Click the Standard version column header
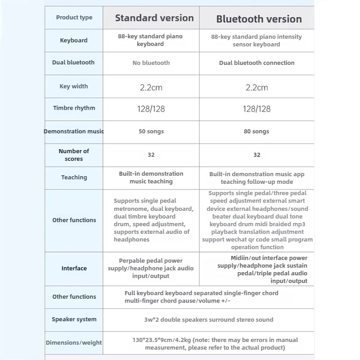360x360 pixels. (x=154, y=18)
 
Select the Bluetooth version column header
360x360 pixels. (x=259, y=19)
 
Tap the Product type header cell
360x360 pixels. (x=74, y=18)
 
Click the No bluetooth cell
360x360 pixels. (x=151, y=63)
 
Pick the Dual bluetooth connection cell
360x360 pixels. (x=257, y=63)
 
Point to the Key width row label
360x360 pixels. (x=74, y=86)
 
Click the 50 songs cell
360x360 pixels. (x=151, y=131)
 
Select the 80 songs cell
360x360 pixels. (x=257, y=131)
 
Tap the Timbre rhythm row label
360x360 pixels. (x=74, y=108)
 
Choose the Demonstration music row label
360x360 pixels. (x=74, y=131)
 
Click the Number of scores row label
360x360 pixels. (x=74, y=155)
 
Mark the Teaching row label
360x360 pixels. (x=74, y=177)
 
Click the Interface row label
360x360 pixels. (x=74, y=268)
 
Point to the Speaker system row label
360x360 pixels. (x=74, y=319)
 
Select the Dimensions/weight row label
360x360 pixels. (x=74, y=342)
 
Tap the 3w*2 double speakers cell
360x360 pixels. (x=208, y=319)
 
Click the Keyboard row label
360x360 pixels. (x=74, y=40)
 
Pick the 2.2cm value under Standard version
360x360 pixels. (x=151, y=87)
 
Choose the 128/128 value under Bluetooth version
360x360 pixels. (x=257, y=109)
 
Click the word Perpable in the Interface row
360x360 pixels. (x=132, y=260)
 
